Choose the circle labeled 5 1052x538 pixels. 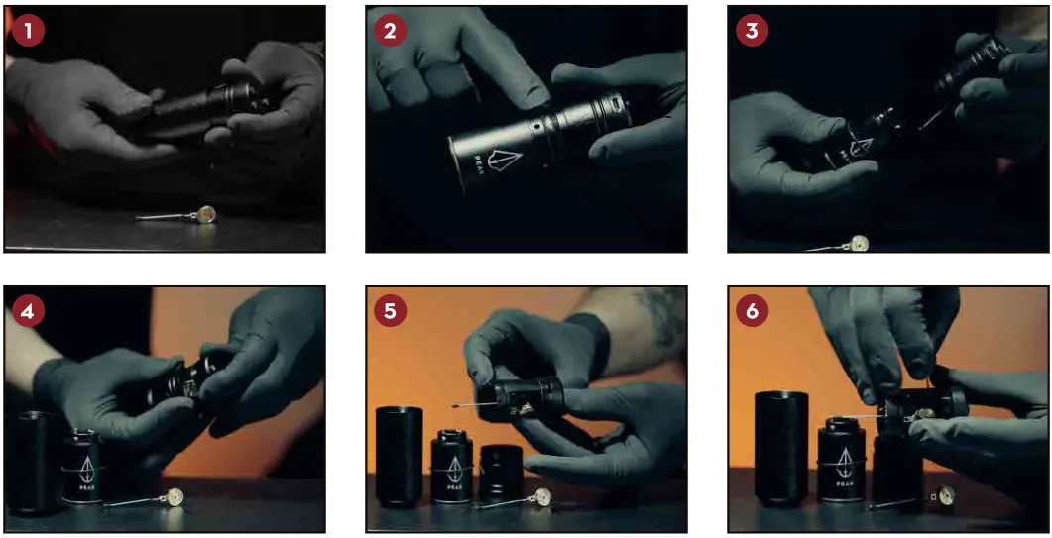tap(390, 311)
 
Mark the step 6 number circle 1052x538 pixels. tap(752, 311)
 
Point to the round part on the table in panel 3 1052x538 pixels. tap(859, 241)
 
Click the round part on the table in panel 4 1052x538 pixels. tap(175, 498)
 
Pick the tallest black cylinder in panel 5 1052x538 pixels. tap(399, 457)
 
